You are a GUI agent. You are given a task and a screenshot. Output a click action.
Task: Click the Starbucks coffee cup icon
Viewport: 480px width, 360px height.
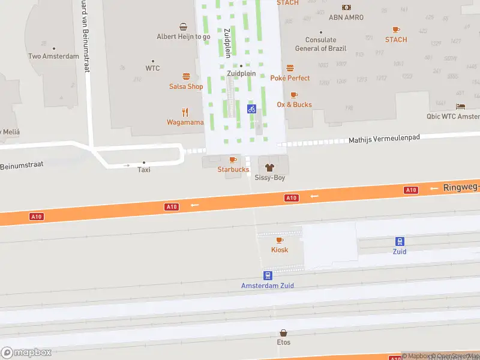tap(233, 160)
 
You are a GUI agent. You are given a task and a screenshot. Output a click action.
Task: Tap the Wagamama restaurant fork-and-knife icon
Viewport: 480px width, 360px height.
tap(185, 112)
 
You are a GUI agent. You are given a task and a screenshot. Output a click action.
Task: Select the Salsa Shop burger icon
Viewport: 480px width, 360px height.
tap(186, 76)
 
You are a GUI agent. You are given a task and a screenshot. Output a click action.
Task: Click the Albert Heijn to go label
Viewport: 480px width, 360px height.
tap(184, 37)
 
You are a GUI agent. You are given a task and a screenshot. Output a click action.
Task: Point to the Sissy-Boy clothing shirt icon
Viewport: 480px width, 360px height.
tap(268, 167)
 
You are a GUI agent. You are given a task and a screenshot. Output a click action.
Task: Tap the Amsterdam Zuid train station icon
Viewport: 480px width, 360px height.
tap(268, 275)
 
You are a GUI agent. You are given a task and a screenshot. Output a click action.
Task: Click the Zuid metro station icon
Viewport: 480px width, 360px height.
tap(400, 241)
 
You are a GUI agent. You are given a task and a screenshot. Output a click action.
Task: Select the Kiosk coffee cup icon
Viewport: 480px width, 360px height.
tap(280, 240)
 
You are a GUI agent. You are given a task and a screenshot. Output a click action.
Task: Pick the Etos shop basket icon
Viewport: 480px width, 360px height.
tap(284, 332)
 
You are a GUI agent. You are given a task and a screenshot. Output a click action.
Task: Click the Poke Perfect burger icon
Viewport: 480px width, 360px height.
tap(290, 68)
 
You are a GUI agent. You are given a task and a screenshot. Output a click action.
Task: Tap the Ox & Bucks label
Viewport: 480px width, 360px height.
tap(294, 104)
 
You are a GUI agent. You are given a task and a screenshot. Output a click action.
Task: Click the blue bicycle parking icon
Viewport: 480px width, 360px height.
tap(252, 109)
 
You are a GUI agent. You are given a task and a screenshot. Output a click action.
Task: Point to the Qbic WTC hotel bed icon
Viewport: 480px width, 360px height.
tap(460, 106)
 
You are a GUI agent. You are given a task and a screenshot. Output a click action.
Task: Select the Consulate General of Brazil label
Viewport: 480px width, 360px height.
tap(320, 44)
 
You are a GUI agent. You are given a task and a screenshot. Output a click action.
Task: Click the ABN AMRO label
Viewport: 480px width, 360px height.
tap(346, 17)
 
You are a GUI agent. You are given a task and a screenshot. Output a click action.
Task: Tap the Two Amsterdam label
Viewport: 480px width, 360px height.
tap(53, 56)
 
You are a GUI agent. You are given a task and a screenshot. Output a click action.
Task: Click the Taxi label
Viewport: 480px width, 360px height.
tap(144, 170)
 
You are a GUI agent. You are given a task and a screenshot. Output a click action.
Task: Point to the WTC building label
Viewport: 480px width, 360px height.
tap(153, 68)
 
